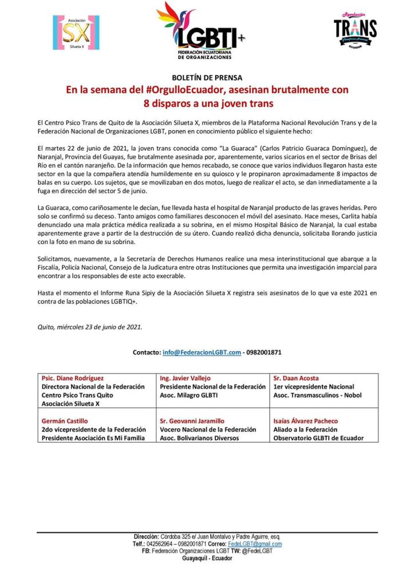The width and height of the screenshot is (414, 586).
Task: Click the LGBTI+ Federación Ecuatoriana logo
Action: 202,32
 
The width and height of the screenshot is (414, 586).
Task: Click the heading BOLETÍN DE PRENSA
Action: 207,77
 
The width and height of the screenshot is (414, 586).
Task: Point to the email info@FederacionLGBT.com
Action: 202,352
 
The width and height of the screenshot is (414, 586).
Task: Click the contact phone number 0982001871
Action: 264,352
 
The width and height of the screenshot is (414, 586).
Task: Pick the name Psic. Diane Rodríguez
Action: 72,379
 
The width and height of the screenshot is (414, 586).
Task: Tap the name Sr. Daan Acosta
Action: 297,379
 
